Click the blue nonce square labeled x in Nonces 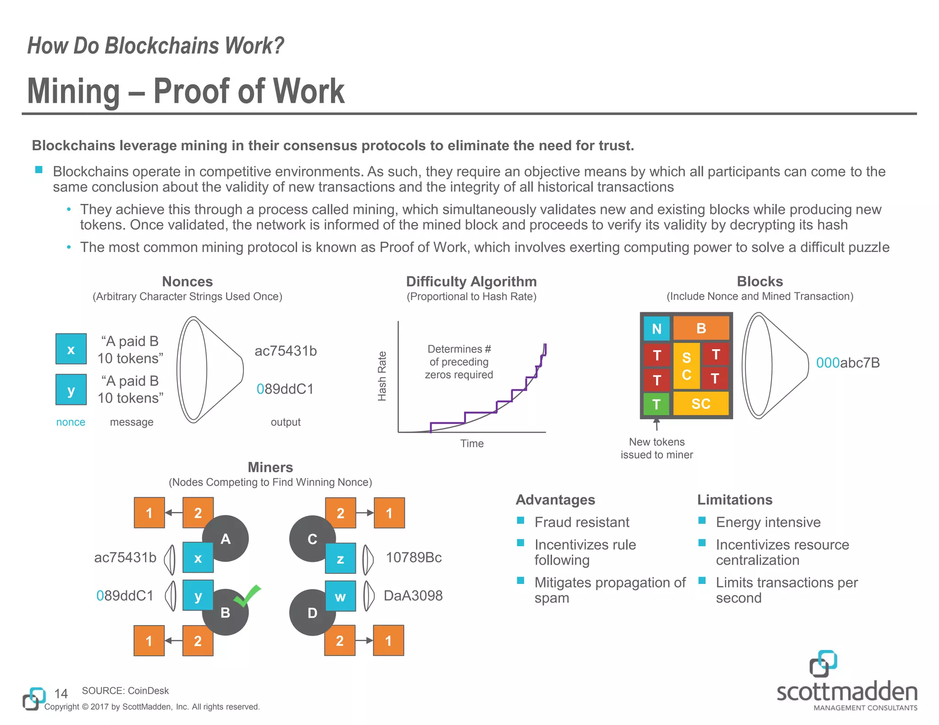(71, 349)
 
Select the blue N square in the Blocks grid (657, 329)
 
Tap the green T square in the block (656, 404)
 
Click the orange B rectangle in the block (701, 328)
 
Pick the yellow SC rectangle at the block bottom (701, 403)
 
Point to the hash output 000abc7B (848, 363)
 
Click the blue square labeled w (340, 596)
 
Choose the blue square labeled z (340, 558)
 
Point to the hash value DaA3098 (413, 596)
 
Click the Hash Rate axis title (382, 376)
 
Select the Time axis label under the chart (472, 444)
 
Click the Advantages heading (555, 500)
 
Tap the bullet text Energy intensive (768, 522)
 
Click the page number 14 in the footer (61, 693)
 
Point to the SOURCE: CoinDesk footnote (125, 691)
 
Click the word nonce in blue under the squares (71, 422)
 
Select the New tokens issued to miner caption (657, 448)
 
